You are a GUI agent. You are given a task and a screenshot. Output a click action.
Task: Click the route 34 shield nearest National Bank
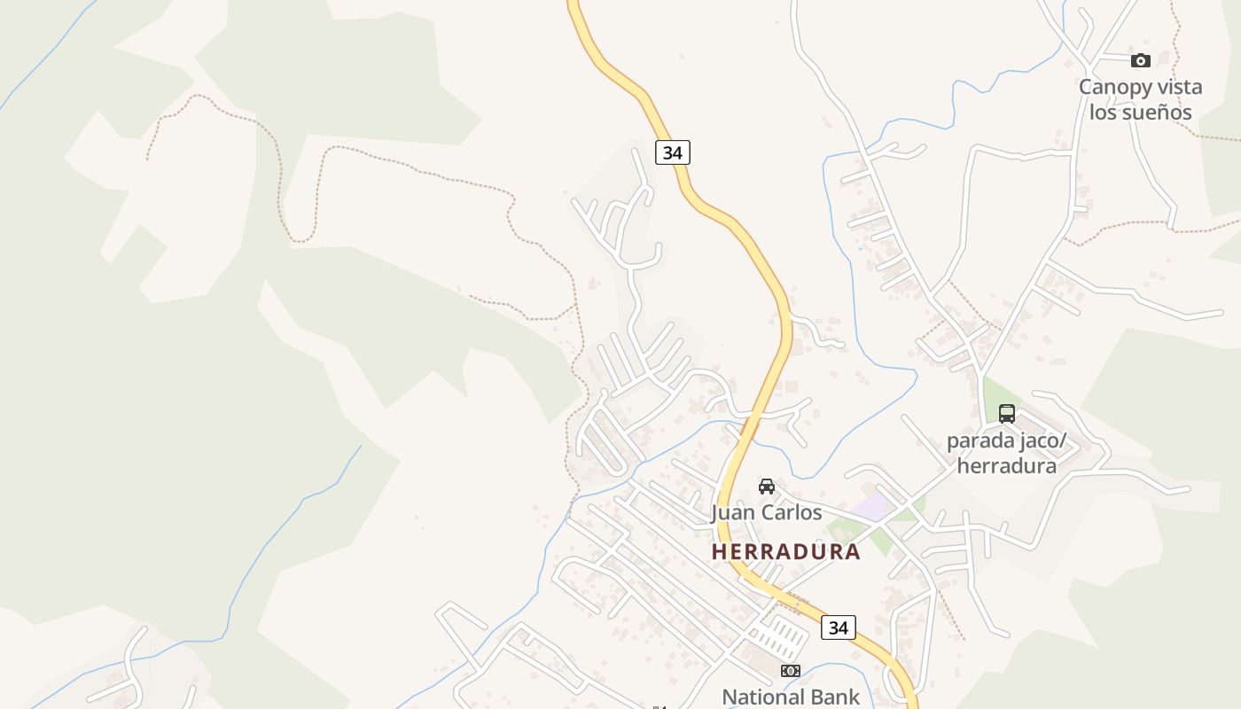[838, 627]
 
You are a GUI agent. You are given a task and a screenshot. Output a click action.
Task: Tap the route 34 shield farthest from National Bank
[673, 152]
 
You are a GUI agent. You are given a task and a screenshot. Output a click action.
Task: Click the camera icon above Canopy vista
[1141, 60]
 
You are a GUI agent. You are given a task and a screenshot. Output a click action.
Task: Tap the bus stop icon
[1007, 413]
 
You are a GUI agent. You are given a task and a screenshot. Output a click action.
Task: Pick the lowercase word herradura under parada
[1007, 465]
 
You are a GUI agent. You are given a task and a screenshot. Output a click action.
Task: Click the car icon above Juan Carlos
[767, 487]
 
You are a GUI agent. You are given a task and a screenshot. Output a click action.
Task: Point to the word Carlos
[792, 512]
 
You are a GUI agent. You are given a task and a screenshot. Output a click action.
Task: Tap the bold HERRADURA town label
[785, 551]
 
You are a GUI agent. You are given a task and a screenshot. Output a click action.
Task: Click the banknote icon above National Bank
[791, 671]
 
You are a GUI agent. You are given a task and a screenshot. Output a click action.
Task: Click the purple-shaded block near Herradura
[876, 507]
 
